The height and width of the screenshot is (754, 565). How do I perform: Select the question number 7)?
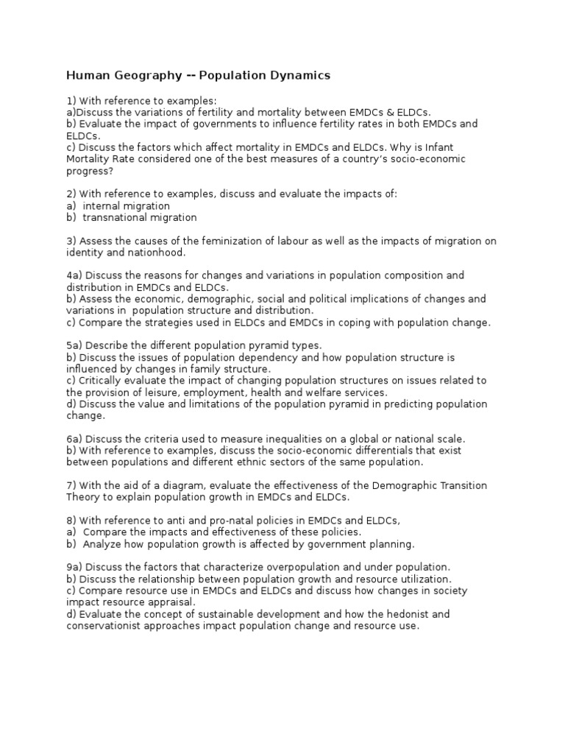pos(71,486)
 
